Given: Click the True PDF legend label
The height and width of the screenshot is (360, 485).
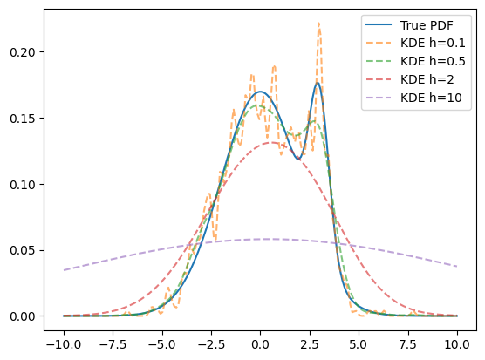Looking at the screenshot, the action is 427,25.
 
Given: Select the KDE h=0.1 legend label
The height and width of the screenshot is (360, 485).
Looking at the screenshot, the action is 433,44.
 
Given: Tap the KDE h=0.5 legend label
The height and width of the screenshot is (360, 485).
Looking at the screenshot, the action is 433,62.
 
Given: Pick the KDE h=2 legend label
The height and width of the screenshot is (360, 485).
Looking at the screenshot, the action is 427,79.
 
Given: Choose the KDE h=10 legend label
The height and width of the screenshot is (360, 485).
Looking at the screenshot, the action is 431,98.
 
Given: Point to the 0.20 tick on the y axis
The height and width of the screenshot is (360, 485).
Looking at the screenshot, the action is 23,52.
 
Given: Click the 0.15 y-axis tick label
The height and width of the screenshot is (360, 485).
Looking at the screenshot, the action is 23,119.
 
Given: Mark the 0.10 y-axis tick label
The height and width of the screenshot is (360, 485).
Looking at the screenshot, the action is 23,185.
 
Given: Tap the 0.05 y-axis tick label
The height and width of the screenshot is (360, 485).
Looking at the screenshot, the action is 23,250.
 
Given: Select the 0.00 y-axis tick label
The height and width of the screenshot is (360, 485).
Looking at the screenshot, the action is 23,316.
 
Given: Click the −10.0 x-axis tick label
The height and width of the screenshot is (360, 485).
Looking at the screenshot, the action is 64,344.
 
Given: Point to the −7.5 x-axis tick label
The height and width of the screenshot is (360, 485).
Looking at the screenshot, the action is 113,344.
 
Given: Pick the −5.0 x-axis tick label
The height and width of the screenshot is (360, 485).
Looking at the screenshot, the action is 162,344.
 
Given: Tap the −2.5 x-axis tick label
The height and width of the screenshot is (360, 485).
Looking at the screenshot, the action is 211,344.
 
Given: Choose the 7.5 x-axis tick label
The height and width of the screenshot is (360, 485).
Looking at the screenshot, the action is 408,344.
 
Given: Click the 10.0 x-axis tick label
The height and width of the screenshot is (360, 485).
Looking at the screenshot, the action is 457,344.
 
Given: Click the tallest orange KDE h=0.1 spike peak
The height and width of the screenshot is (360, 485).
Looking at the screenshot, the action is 319,23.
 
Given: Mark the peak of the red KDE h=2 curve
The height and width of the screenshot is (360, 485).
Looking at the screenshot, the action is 271,142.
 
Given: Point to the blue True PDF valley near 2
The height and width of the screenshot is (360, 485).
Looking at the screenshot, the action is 297,159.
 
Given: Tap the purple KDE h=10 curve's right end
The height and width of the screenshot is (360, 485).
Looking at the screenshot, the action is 457,266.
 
